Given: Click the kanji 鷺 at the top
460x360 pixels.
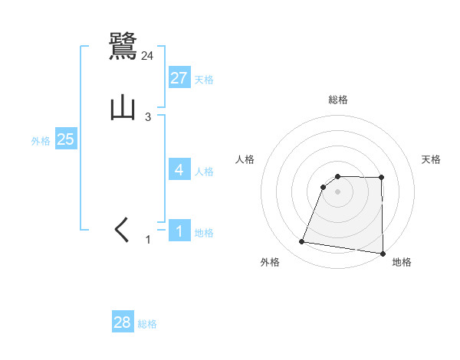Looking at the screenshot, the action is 123,47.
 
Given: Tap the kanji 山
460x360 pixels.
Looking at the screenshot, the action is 123,108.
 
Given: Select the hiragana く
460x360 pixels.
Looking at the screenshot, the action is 123,230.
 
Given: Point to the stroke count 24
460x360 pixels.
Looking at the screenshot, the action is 148,55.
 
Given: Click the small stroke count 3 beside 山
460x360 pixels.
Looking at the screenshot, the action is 148,117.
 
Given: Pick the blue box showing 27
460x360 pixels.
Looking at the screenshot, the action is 179,78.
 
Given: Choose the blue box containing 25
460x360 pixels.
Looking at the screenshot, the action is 65,139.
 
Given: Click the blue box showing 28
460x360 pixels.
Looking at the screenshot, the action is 123,322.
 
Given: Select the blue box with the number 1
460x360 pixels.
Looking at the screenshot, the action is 179,231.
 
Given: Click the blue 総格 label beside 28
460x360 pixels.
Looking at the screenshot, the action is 147,324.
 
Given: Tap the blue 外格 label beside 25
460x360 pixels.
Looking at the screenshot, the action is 41,141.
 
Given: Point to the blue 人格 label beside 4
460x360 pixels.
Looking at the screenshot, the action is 204,171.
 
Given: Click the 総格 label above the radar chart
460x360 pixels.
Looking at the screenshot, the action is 338,100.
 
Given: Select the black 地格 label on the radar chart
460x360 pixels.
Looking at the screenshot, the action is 402,263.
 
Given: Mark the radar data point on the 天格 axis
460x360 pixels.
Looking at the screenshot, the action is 382,178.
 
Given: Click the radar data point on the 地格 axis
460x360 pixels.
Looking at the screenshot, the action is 383,254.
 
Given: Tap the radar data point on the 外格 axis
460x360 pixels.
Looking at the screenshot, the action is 302,242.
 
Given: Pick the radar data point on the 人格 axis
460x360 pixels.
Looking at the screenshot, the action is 324,187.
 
